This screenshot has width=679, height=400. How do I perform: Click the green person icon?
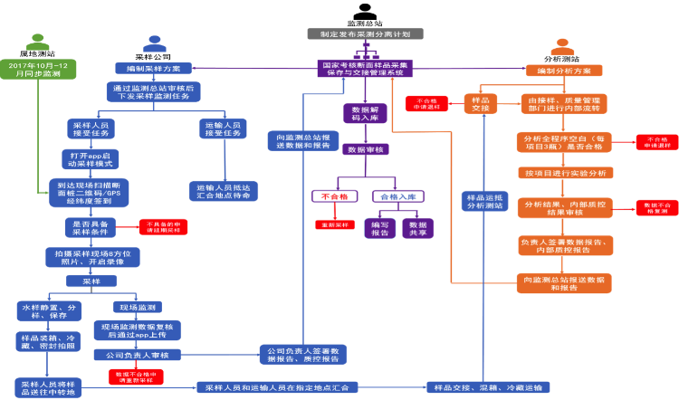click(x=38, y=43)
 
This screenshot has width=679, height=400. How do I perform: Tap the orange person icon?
click(x=562, y=47)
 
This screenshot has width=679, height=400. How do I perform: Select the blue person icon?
click(x=155, y=43)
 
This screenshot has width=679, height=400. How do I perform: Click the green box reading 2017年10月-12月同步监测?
click(x=38, y=70)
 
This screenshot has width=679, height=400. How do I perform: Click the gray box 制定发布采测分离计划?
click(x=365, y=33)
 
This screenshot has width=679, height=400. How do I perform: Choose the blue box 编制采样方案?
click(x=153, y=68)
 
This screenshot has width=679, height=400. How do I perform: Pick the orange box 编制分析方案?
click(x=563, y=71)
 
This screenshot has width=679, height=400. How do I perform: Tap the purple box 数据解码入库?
click(x=365, y=113)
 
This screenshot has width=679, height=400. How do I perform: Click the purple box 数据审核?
click(x=365, y=149)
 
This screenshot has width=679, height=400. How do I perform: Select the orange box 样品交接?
click(x=480, y=103)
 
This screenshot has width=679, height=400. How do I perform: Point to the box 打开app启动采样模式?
click(x=91, y=159)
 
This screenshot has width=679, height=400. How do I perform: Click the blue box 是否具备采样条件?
click(x=91, y=226)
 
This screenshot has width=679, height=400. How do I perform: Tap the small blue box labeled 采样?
click(x=91, y=281)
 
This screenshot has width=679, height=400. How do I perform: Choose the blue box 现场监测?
click(x=138, y=307)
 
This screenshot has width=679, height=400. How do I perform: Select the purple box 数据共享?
click(x=417, y=228)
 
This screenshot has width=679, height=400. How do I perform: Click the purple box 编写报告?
click(x=379, y=228)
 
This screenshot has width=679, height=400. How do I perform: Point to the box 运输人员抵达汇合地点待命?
click(x=223, y=191)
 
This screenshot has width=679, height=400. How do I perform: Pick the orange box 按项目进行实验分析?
click(x=565, y=173)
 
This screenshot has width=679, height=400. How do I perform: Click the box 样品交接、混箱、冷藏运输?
click(x=487, y=387)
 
